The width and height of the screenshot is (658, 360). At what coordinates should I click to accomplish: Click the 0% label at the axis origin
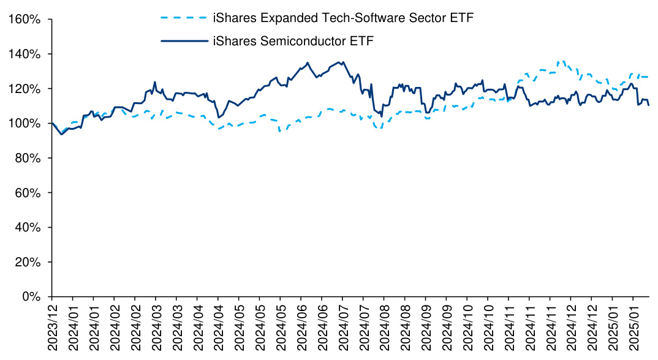click(32, 297)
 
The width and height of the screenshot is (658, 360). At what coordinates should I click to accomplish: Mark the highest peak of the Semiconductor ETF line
click(308, 62)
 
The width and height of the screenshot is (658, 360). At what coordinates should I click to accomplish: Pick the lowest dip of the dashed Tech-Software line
click(280, 131)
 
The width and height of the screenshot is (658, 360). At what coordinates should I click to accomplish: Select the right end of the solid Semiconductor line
click(649, 105)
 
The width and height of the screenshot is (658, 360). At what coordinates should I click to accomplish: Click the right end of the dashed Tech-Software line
click(649, 77)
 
